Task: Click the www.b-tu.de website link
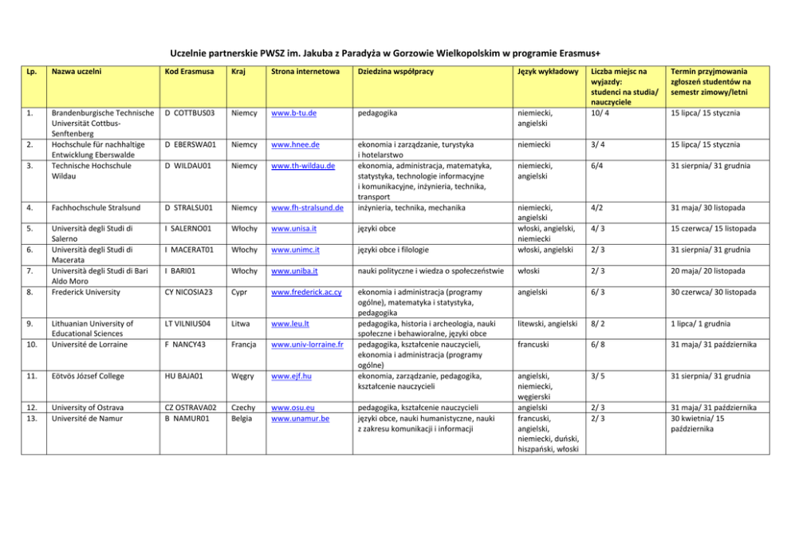coord(295,113)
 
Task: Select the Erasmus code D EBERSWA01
coord(191,144)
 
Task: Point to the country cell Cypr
coord(238,292)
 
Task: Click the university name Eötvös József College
coord(87,375)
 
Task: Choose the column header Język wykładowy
coord(548,72)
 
